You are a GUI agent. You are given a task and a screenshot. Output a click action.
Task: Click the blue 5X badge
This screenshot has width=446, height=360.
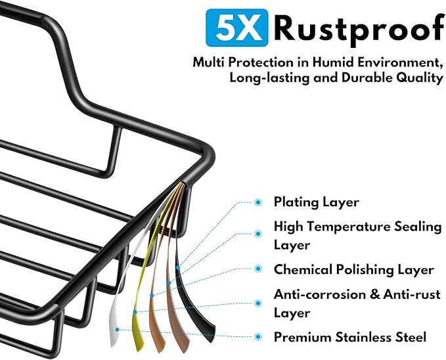click(x=236, y=28)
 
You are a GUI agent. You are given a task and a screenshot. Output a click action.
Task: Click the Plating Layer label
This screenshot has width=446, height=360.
click(x=317, y=202)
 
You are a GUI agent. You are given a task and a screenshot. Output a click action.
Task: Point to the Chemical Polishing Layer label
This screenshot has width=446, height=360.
click(x=354, y=269)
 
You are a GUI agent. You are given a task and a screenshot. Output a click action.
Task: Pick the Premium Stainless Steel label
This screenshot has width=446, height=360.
click(x=350, y=337)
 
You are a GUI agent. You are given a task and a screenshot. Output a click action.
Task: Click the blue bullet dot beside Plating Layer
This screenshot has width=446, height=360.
click(x=258, y=202)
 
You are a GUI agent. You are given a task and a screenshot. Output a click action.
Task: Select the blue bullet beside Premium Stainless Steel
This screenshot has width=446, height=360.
click(x=258, y=337)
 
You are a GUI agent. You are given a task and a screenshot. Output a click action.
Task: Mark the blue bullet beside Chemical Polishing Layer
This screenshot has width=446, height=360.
click(x=258, y=269)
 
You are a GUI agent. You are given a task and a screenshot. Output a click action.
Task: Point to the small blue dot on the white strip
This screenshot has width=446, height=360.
click(x=117, y=330)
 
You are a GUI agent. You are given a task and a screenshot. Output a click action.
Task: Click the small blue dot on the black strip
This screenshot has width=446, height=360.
click(x=178, y=267)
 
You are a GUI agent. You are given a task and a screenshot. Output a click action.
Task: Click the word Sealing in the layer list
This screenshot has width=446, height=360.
click(x=418, y=227)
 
